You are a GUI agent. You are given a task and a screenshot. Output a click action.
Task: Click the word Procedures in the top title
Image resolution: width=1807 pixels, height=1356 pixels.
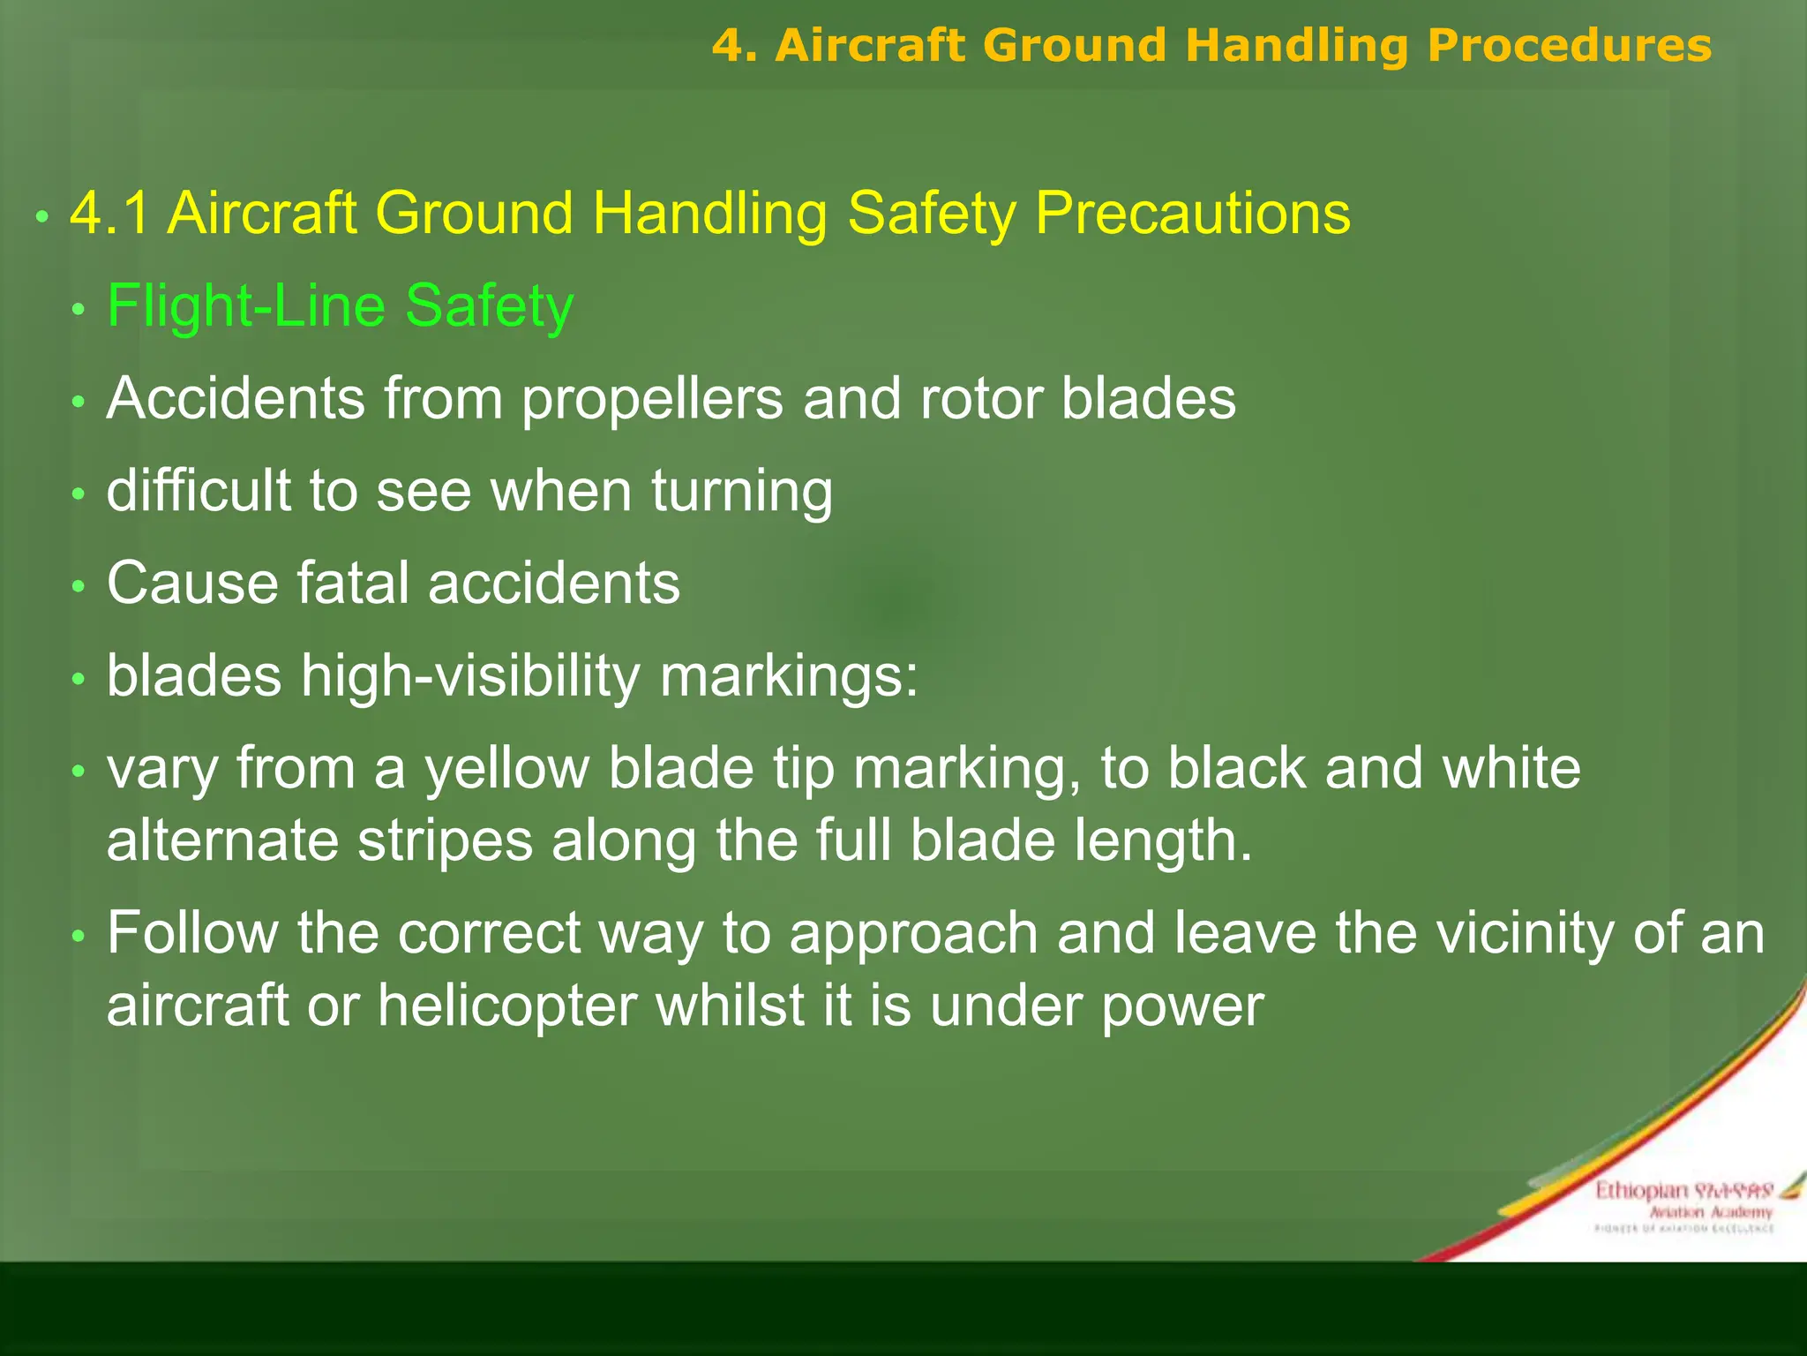(x=1569, y=46)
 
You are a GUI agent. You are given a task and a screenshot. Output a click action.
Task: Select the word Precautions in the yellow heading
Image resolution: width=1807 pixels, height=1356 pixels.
(x=1192, y=214)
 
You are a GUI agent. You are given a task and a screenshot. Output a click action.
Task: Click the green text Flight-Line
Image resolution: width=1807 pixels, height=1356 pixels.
(x=246, y=306)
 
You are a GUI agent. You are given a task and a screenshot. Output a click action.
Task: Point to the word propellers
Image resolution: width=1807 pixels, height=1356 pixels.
(x=652, y=399)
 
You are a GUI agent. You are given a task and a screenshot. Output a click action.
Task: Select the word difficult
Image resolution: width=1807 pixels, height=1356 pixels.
(x=199, y=491)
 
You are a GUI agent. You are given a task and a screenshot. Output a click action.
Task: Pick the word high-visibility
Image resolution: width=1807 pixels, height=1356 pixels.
(x=470, y=677)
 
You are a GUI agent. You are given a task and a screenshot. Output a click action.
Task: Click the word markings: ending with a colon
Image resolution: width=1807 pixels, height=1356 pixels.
(x=789, y=677)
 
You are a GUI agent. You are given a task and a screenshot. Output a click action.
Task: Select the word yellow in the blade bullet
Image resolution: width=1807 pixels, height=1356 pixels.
(x=506, y=769)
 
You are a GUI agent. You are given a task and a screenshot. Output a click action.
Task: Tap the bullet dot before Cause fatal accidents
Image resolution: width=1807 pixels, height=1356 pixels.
(x=79, y=586)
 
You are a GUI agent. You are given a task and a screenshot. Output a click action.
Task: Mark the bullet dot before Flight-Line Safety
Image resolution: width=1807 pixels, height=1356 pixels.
(x=79, y=309)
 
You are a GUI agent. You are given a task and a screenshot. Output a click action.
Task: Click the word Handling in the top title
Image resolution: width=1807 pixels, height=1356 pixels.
(x=1296, y=46)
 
